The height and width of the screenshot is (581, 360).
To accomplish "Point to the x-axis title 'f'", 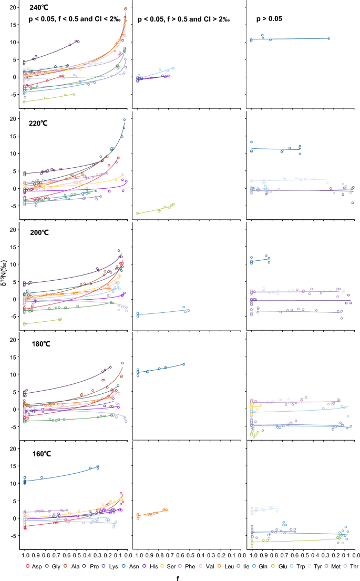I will [181, 576].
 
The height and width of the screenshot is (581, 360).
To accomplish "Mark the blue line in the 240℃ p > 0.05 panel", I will [294, 39].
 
